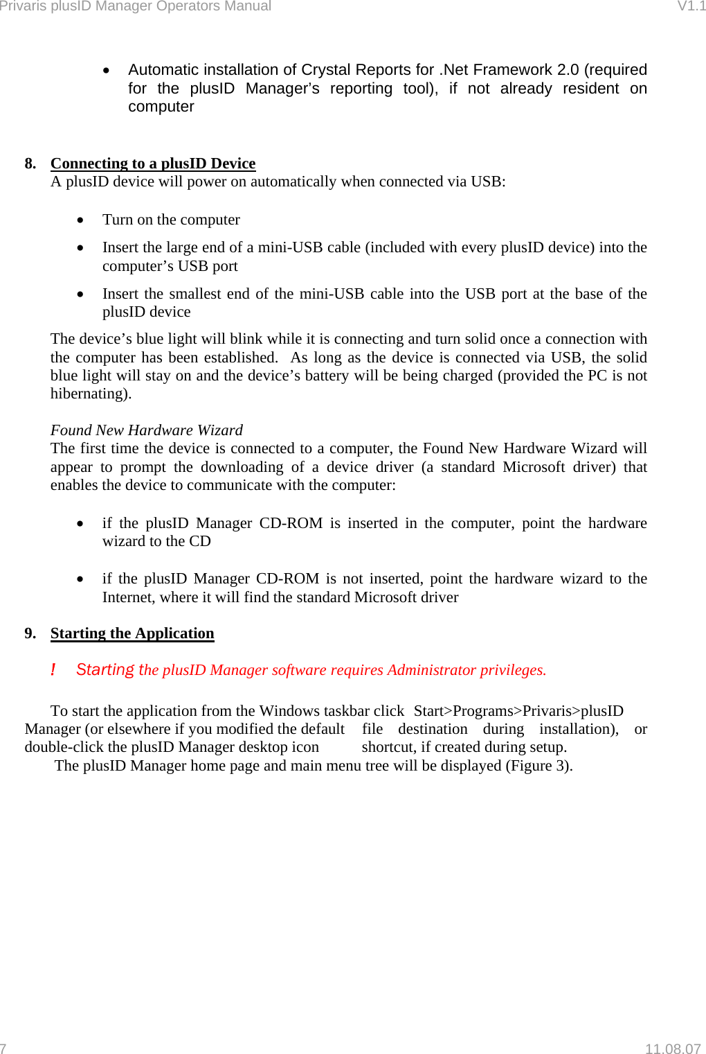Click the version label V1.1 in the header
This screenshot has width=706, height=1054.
(x=691, y=6)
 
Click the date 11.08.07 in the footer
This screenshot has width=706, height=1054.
(x=672, y=1048)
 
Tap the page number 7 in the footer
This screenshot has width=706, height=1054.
(x=3, y=1048)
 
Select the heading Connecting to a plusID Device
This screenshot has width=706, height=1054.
(x=153, y=164)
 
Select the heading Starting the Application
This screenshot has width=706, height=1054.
(x=132, y=633)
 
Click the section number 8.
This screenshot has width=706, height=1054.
(x=30, y=164)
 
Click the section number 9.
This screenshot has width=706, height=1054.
(x=30, y=633)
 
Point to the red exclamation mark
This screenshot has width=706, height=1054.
(x=53, y=670)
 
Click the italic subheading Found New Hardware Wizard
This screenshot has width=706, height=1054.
(x=147, y=430)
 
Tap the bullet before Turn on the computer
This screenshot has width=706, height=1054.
(x=81, y=220)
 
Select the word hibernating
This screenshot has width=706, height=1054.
(x=89, y=394)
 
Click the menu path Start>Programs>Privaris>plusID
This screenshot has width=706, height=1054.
(x=518, y=711)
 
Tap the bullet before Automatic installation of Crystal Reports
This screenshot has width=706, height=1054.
(x=107, y=71)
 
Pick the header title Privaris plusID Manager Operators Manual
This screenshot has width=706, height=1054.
(x=136, y=6)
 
